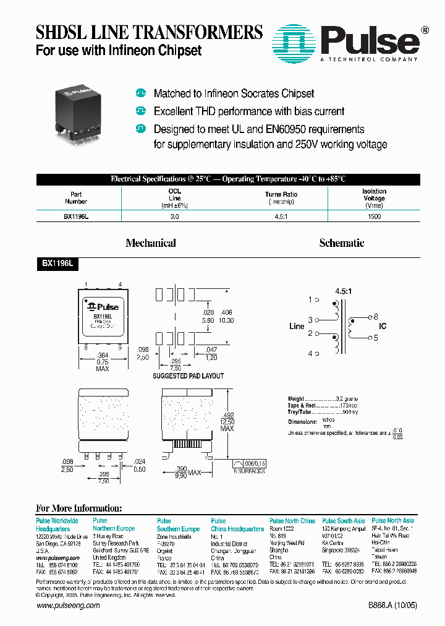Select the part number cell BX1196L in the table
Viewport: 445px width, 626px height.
point(76,217)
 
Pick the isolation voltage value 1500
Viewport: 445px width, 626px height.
point(374,217)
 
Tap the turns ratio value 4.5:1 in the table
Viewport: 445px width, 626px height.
point(281,217)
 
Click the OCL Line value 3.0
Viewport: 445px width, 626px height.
point(175,217)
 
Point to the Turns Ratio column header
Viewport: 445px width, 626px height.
point(281,194)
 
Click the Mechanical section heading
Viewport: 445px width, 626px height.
point(151,243)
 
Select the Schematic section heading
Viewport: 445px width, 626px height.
point(342,243)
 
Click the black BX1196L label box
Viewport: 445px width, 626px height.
point(57,263)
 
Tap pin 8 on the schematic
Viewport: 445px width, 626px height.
point(375,316)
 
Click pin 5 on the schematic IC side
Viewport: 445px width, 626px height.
point(375,338)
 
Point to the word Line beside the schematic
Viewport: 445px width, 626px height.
point(297,327)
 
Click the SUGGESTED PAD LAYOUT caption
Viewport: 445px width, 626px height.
point(188,375)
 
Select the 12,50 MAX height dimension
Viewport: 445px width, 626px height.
point(228,421)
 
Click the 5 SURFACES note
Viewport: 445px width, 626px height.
point(249,471)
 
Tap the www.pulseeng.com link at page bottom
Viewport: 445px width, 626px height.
point(68,606)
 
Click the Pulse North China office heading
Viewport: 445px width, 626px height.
point(292,521)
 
